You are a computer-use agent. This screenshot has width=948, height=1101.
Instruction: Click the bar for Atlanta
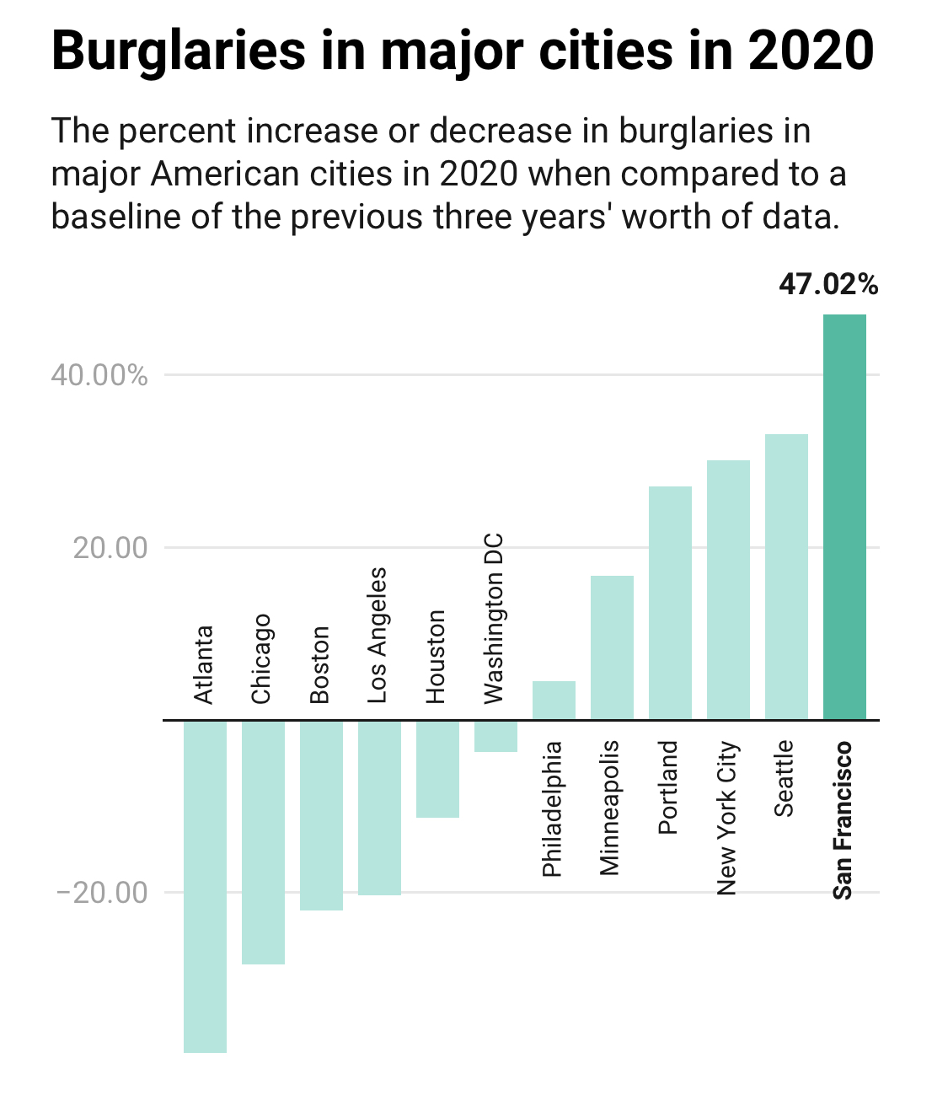pos(205,885)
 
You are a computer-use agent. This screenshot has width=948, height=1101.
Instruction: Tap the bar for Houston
pos(437,768)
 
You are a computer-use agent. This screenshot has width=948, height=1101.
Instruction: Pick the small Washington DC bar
pos(495,736)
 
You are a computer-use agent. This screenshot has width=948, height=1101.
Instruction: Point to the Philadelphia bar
pos(554,700)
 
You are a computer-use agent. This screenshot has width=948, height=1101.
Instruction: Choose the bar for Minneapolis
pos(612,647)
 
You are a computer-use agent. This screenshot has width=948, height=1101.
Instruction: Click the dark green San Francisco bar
pos(844,517)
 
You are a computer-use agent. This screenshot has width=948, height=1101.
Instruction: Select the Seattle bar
pos(786,577)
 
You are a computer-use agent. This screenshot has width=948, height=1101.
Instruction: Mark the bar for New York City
pos(728,589)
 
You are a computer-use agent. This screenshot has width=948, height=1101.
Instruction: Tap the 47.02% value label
pos(828,285)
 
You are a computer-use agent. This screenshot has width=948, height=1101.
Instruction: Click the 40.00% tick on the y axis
pos(99,374)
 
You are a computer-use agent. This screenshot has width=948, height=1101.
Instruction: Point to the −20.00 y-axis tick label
pos(102,892)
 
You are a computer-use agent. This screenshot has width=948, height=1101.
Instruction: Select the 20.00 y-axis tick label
pos(110,548)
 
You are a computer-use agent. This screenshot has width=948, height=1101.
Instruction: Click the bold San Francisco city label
pos(843,820)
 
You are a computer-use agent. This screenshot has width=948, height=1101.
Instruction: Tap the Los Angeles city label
pos(377,635)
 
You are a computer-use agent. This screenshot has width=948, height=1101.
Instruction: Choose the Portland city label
pos(668,787)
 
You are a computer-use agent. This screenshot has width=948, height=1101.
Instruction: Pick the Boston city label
pos(319,664)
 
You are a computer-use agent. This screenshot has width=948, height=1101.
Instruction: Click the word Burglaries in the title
pos(179,51)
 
